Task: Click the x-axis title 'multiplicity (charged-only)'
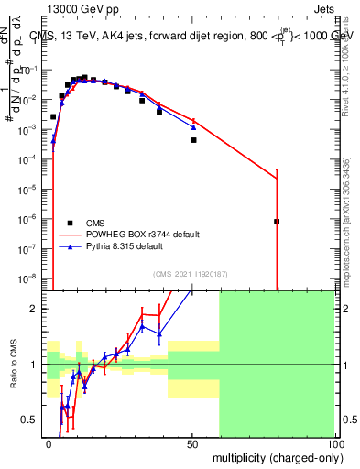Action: pyautogui.click(x=273, y=456)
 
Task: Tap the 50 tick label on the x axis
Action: pyautogui.click(x=192, y=442)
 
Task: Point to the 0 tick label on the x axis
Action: pyautogui.click(x=49, y=442)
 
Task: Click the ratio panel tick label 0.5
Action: pyautogui.click(x=31, y=420)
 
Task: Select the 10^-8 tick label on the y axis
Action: pyautogui.click(x=29, y=278)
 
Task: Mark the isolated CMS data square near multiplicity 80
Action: pyautogui.click(x=277, y=222)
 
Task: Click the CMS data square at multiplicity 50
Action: pyautogui.click(x=193, y=140)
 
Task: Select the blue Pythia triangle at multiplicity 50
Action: pyautogui.click(x=193, y=126)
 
